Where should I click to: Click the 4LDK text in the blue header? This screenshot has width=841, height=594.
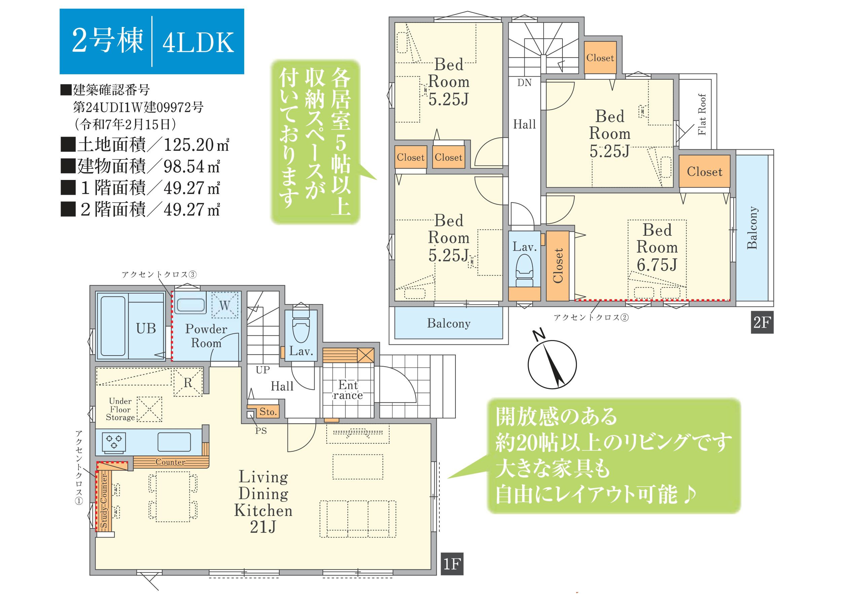(x=198, y=42)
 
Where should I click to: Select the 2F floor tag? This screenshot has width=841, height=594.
(x=762, y=322)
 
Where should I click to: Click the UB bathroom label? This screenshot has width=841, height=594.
(x=146, y=329)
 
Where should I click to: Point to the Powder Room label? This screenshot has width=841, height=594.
(x=206, y=336)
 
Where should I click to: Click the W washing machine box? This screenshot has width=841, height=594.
(x=224, y=305)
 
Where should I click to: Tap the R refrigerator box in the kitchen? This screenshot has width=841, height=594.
(x=188, y=382)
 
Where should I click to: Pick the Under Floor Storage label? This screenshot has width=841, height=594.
(x=120, y=409)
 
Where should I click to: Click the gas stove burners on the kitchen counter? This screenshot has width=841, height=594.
(x=114, y=441)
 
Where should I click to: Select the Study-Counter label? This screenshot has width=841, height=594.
(x=104, y=501)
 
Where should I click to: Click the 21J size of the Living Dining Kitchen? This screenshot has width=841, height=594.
(x=263, y=527)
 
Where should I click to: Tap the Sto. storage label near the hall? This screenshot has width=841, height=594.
(x=268, y=412)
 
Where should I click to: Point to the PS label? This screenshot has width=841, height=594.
(x=261, y=431)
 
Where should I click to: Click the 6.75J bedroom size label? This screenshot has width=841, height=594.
(x=657, y=265)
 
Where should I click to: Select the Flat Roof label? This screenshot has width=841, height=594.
(x=702, y=115)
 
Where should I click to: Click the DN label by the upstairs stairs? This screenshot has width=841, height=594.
(x=524, y=83)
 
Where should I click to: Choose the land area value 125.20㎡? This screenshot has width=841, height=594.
(x=196, y=145)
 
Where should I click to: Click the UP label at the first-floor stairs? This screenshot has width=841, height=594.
(x=263, y=370)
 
